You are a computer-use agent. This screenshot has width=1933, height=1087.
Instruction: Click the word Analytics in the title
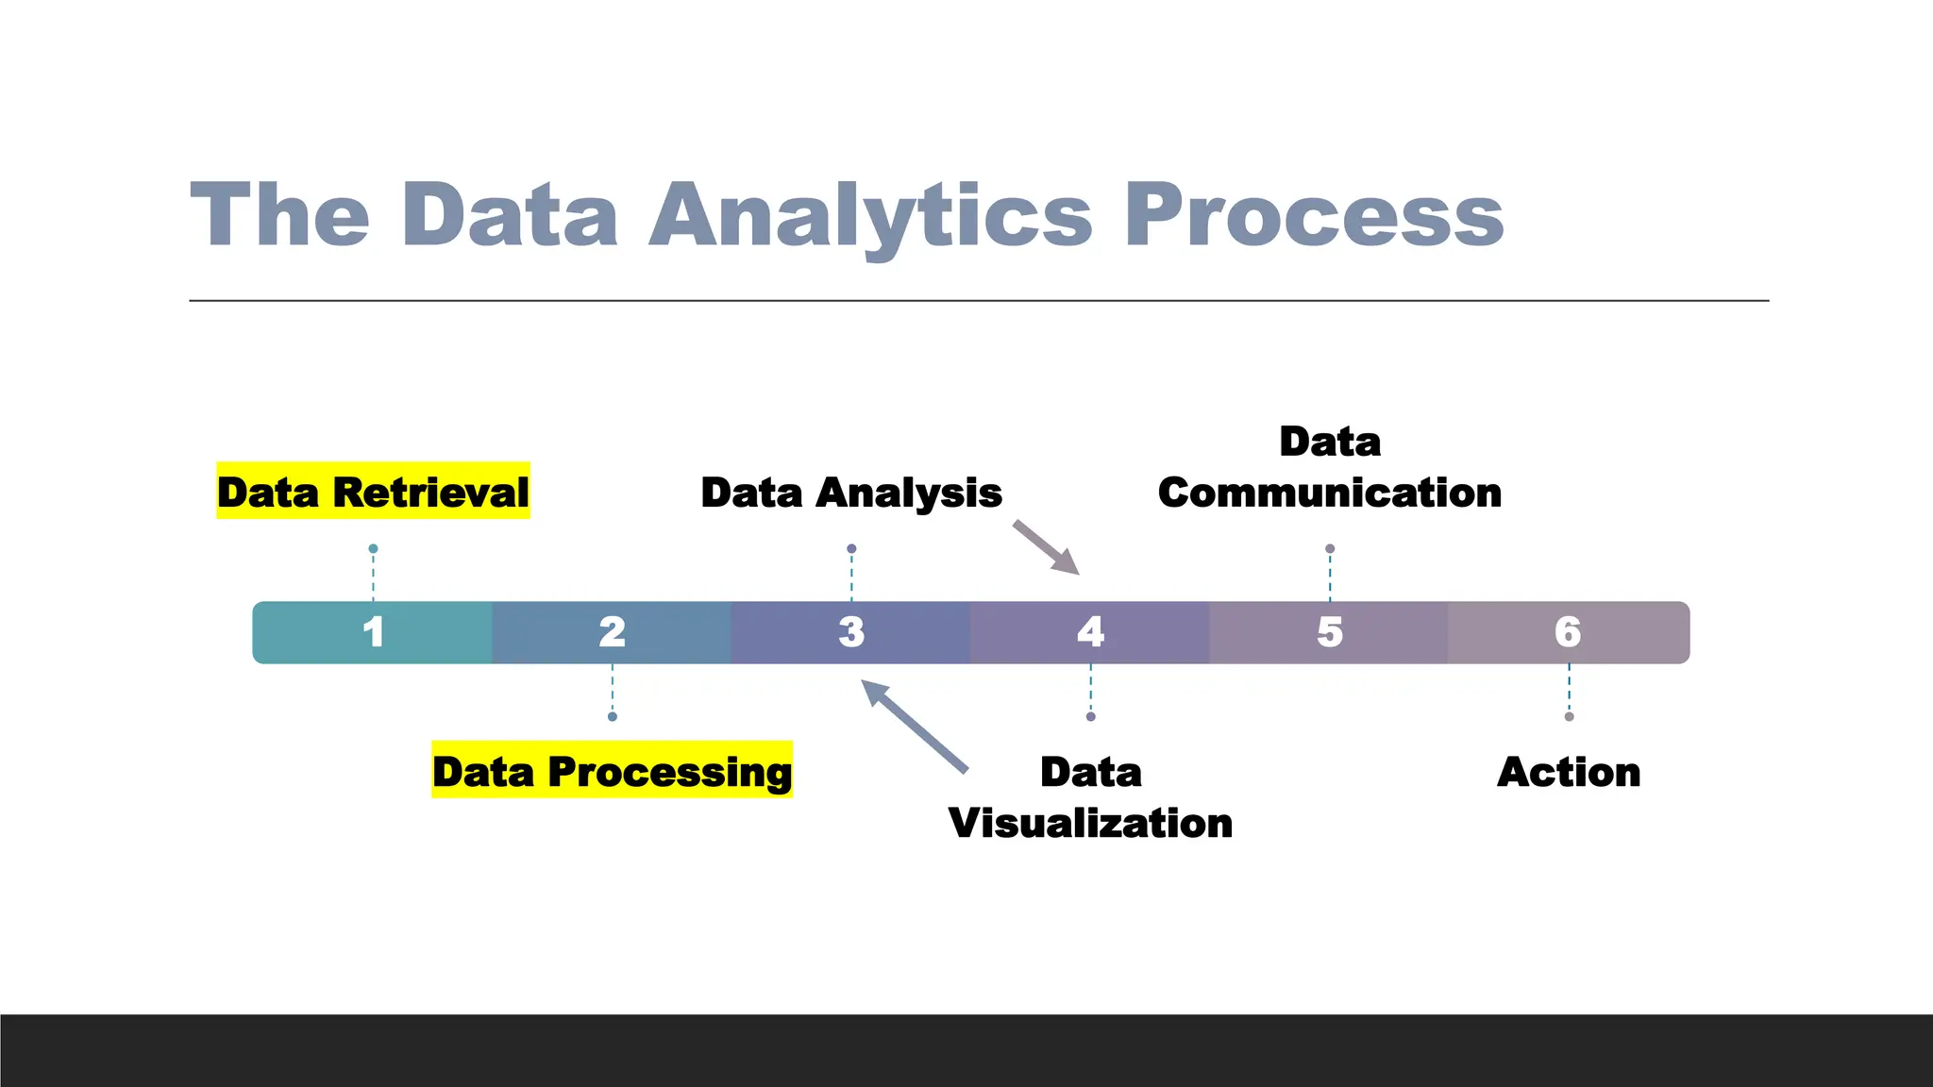click(x=870, y=216)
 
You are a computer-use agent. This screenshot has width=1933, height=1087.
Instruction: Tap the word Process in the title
click(x=1314, y=216)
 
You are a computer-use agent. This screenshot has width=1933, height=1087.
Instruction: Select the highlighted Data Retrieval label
click(x=373, y=492)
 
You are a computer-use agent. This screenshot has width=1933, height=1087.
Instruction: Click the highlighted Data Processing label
click(x=612, y=771)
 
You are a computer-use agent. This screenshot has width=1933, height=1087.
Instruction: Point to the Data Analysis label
click(x=851, y=493)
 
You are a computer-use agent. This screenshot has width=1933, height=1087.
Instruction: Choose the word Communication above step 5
click(x=1330, y=493)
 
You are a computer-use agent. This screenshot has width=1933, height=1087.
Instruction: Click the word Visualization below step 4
click(x=1090, y=823)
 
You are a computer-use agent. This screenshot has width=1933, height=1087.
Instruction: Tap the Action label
click(x=1569, y=772)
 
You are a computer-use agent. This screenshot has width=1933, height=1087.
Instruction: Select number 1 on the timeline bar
click(x=373, y=632)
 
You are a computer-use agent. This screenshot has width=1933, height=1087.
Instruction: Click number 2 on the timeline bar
click(x=612, y=632)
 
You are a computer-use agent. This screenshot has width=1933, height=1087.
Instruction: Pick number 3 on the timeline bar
click(x=851, y=632)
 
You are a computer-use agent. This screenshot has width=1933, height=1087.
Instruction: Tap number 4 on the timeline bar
click(x=1090, y=632)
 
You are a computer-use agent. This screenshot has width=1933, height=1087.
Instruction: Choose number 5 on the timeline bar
click(x=1330, y=632)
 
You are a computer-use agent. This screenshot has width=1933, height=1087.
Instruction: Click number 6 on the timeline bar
click(x=1568, y=632)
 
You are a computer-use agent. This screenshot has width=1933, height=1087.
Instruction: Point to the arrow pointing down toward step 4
click(x=1047, y=548)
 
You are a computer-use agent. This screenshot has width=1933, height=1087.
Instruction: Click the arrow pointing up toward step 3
click(x=914, y=725)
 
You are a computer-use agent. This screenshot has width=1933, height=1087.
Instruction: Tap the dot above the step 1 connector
click(x=373, y=548)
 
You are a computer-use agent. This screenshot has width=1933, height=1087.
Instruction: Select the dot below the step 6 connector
click(x=1569, y=717)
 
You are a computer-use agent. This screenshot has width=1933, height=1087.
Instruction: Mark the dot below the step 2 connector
click(x=612, y=717)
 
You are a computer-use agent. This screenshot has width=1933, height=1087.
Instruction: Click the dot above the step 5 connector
click(x=1330, y=548)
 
